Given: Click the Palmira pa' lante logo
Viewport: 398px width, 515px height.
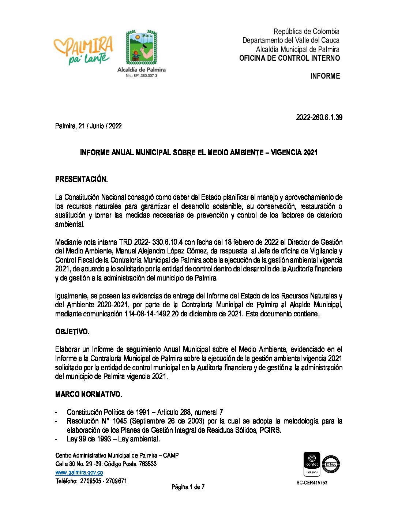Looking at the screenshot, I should click(x=83, y=50).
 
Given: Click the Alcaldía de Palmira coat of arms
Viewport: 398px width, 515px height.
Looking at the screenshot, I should click(x=141, y=48).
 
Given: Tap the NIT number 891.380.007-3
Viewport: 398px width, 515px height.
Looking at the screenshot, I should click(x=141, y=76).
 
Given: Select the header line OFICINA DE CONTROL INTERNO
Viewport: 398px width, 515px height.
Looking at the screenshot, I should click(x=289, y=58).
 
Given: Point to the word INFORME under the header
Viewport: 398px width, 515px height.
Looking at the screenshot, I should click(x=325, y=76).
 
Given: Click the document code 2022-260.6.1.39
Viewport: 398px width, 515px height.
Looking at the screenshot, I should click(x=319, y=117).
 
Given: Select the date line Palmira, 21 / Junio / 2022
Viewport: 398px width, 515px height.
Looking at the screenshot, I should click(x=88, y=126).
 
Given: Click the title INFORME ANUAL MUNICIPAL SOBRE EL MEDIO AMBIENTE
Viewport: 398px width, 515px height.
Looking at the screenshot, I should click(x=199, y=153).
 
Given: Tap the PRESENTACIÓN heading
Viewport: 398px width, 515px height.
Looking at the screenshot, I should click(x=81, y=179).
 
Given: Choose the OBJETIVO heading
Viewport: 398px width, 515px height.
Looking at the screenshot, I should click(x=72, y=332).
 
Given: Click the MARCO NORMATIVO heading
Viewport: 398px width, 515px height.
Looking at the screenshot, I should click(x=88, y=394).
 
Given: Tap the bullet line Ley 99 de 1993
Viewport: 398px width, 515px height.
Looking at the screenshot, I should click(x=113, y=439).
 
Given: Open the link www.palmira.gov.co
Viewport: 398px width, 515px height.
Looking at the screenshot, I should click(x=79, y=473).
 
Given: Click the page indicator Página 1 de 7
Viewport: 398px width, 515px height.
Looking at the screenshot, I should click(x=188, y=487).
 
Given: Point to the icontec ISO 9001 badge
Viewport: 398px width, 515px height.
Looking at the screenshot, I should click(x=312, y=464).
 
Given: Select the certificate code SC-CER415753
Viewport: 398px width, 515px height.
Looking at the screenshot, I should click(x=312, y=483).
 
